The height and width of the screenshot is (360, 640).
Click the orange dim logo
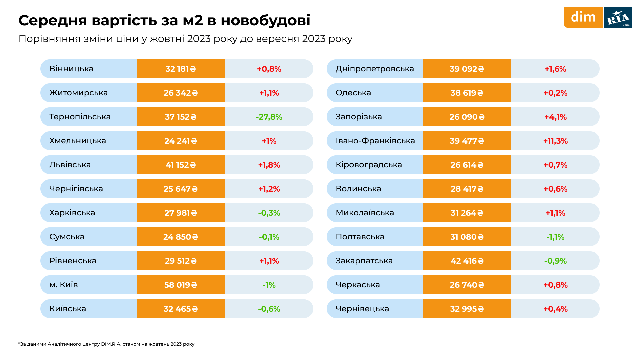583,18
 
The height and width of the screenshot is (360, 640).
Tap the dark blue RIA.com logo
618,18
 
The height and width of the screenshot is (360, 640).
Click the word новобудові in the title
265,20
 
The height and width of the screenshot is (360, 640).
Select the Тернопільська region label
80,117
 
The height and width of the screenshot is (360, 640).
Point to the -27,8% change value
269,117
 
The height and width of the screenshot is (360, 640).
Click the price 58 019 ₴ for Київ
181,285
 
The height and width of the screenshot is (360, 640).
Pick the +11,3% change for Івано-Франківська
555,141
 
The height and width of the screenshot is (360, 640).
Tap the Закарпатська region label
364,261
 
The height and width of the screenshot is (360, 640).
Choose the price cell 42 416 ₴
467,261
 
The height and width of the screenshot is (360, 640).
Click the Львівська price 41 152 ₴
181,165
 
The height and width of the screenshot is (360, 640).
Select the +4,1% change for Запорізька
555,117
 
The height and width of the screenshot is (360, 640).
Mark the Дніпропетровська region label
375,69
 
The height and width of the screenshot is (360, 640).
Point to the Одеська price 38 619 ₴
467,93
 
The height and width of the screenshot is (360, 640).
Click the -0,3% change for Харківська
269,213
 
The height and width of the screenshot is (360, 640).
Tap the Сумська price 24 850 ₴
181,237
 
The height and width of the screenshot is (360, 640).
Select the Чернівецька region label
362,309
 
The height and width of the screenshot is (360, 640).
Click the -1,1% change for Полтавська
555,237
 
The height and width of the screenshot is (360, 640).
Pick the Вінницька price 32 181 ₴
181,69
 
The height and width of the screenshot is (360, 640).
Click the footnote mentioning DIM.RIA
106,344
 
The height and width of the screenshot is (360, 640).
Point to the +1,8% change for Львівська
269,165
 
